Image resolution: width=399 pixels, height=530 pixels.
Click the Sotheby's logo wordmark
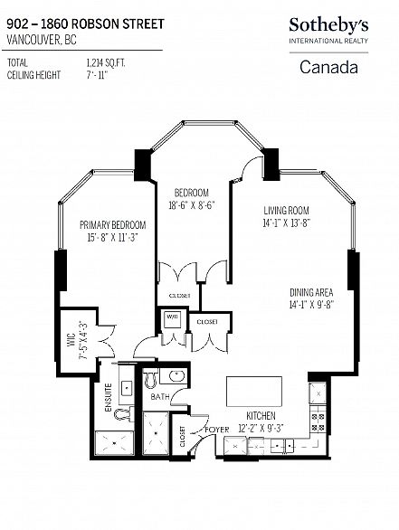[x=328, y=25]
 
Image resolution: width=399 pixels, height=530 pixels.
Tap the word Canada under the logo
[x=328, y=67]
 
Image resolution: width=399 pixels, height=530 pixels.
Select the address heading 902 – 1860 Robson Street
[x=86, y=24]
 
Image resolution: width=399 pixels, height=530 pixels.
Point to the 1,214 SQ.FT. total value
[x=106, y=63]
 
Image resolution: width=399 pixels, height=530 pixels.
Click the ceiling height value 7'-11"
[x=97, y=75]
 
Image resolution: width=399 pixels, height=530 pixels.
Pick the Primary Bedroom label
[x=112, y=225]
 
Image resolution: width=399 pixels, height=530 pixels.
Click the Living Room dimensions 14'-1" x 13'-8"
[x=287, y=223]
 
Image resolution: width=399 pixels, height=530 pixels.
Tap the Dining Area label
[x=311, y=292]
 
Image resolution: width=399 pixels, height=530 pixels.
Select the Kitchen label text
[x=261, y=415]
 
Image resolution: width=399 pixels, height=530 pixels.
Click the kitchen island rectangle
[x=254, y=392]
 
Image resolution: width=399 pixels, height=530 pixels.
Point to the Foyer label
[x=217, y=430]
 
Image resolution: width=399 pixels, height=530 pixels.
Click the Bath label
[x=160, y=396]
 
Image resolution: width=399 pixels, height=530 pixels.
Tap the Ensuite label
[x=109, y=398]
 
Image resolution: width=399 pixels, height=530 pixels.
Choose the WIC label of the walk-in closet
[x=71, y=340]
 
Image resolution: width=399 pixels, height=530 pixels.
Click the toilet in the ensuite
[x=123, y=413]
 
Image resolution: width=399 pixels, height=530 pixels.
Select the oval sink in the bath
[x=176, y=376]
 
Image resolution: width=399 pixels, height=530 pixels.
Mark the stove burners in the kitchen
[x=318, y=421]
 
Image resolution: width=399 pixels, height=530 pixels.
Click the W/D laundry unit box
[x=173, y=321]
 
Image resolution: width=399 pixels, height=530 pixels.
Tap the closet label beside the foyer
[x=182, y=437]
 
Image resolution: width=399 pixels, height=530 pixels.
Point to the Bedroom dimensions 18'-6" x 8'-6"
[x=192, y=205]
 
